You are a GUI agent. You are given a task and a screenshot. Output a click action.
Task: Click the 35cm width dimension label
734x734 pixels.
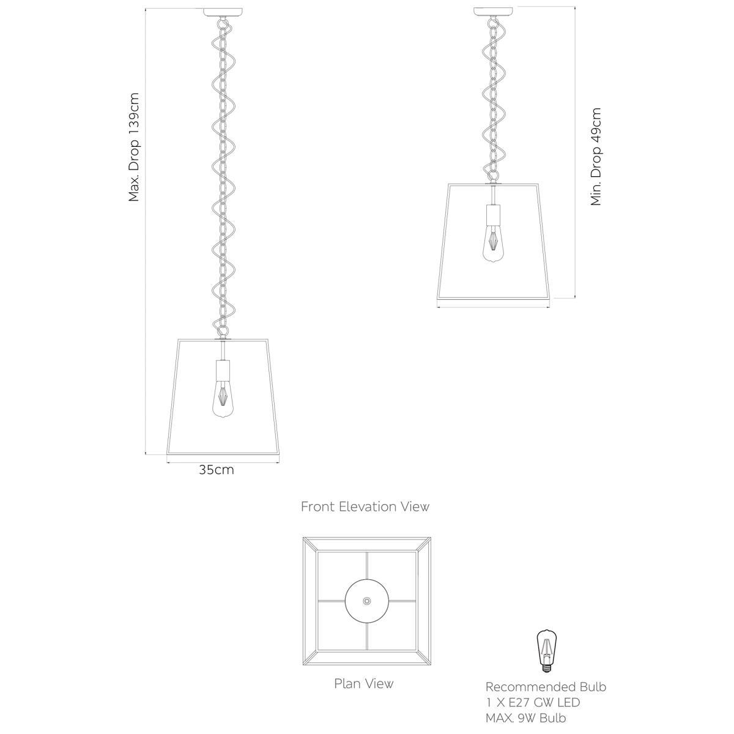coord(216,470)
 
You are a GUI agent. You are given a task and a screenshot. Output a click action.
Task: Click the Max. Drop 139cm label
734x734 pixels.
coord(135,147)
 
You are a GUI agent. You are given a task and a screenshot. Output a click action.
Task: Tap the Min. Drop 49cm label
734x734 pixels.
coord(596,157)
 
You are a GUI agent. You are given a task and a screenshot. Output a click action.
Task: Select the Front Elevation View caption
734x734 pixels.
coord(365,506)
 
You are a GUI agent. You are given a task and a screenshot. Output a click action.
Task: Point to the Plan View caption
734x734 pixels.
coord(363,683)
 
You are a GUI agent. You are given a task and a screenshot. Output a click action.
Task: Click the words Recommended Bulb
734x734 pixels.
coord(546,687)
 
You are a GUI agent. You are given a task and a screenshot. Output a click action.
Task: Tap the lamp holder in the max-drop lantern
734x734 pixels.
coord(223,370)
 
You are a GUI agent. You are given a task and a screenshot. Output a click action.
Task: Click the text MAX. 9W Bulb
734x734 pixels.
coord(526,718)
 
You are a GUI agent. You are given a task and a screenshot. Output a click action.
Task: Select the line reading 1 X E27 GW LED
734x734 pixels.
coord(532,703)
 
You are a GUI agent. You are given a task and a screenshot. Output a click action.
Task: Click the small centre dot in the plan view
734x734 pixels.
coord(366,601)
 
